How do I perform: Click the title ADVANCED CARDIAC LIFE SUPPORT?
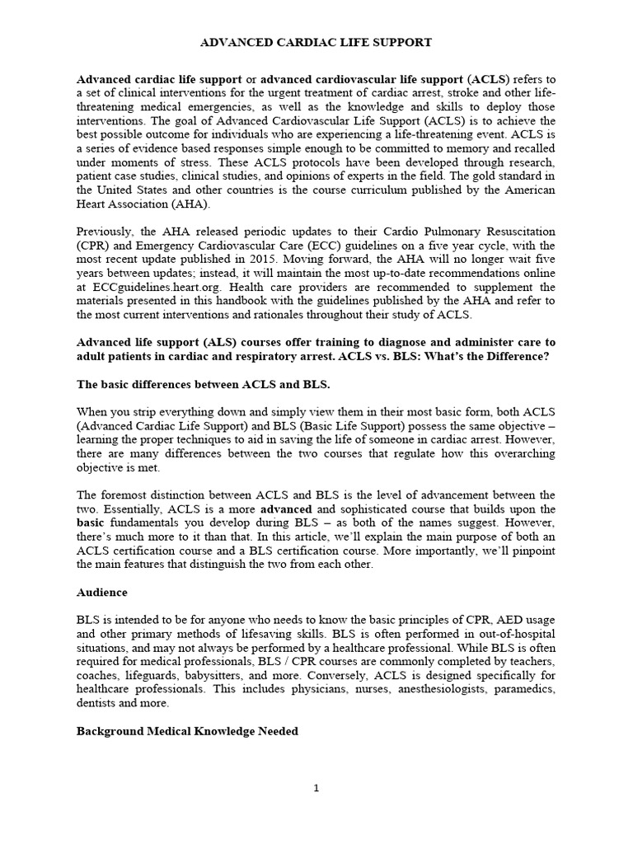(316, 41)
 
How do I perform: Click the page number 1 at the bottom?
(316, 788)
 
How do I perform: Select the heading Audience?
(102, 593)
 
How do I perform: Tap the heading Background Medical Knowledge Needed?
(187, 731)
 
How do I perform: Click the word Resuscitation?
(510, 232)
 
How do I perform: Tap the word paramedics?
(525, 690)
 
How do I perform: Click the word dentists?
(96, 703)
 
